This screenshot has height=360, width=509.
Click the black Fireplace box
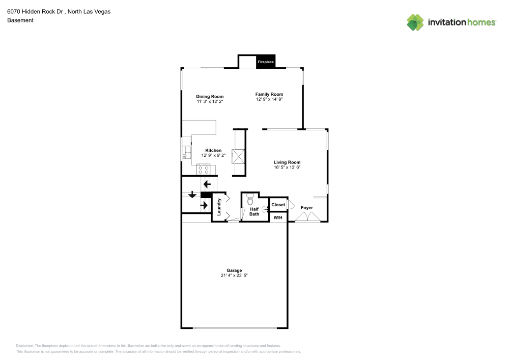265,62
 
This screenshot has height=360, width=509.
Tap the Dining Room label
210,96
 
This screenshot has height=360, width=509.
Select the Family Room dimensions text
269,99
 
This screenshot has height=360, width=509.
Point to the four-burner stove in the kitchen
204,169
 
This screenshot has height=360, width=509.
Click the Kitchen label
213,150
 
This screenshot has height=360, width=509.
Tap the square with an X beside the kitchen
238,156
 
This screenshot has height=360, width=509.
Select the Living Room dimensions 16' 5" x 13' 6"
287,167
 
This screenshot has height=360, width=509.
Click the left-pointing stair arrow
207,184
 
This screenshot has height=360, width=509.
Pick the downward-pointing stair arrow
192,195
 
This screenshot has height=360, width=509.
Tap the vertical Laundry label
219,207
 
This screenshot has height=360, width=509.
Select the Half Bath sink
265,209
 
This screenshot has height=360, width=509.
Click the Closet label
278,205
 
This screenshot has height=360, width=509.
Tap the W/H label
278,217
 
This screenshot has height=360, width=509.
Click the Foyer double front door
308,217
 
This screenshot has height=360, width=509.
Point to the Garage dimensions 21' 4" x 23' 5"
234,275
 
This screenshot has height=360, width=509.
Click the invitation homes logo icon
415,22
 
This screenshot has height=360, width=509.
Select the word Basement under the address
20,20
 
